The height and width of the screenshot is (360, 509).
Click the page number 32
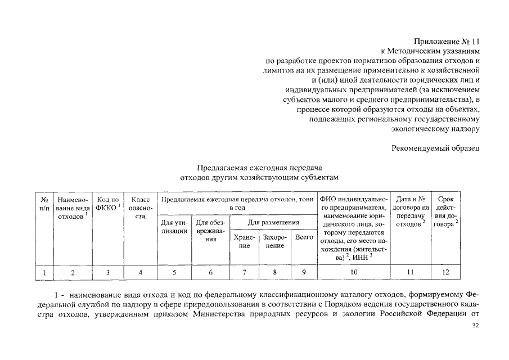click(x=475, y=341)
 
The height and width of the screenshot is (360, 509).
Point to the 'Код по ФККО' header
click(x=109, y=204)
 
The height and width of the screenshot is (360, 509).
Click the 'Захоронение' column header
click(x=275, y=242)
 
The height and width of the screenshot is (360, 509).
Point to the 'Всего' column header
click(x=304, y=237)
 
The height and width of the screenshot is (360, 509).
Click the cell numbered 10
click(x=354, y=273)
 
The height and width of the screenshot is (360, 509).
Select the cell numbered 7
click(x=244, y=273)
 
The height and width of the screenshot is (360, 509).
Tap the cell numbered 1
click(x=44, y=273)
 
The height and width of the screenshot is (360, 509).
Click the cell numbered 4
click(x=140, y=273)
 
